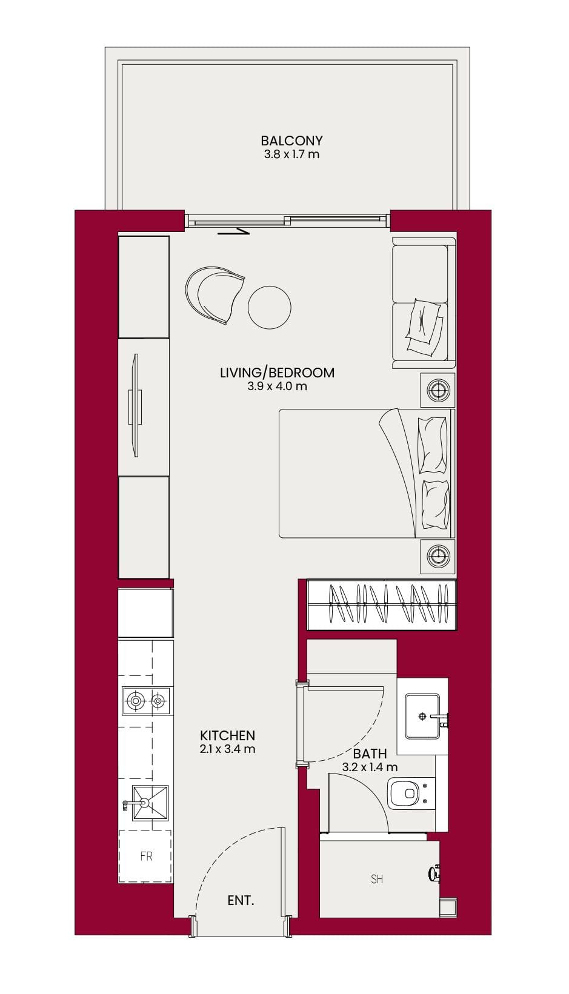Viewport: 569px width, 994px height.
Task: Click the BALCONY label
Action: coord(291,141)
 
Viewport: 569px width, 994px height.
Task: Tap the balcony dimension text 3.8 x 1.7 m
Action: coord(291,154)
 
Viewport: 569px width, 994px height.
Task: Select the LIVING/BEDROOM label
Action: coord(278,373)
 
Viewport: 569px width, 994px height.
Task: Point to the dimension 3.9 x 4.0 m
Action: coord(278,386)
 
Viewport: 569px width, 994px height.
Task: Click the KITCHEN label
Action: coord(228,735)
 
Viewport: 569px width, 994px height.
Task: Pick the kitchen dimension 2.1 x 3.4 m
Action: coord(228,749)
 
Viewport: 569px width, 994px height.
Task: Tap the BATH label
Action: coord(370,753)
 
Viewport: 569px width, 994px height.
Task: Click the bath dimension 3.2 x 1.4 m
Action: coord(370,767)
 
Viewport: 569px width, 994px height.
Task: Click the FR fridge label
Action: coord(147,856)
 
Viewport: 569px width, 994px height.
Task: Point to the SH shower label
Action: coord(377,879)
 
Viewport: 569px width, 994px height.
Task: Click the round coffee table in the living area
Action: coord(270,307)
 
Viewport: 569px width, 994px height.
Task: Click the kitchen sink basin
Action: coord(150,803)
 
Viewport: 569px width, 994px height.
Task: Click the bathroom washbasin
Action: coord(423,716)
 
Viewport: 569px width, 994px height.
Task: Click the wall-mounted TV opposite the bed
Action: coord(136,405)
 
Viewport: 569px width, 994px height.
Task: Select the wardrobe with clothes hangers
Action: coord(382,605)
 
